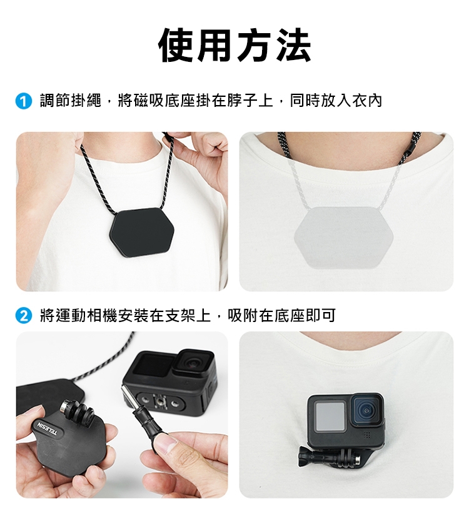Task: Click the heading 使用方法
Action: coord(234,45)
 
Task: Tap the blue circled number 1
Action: coord(23,101)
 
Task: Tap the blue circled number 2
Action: coord(23,316)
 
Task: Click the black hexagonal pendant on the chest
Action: coord(142,232)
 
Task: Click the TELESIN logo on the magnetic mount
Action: coord(48,428)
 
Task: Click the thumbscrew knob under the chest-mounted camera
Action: coord(305,456)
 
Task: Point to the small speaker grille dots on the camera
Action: coord(367,435)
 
